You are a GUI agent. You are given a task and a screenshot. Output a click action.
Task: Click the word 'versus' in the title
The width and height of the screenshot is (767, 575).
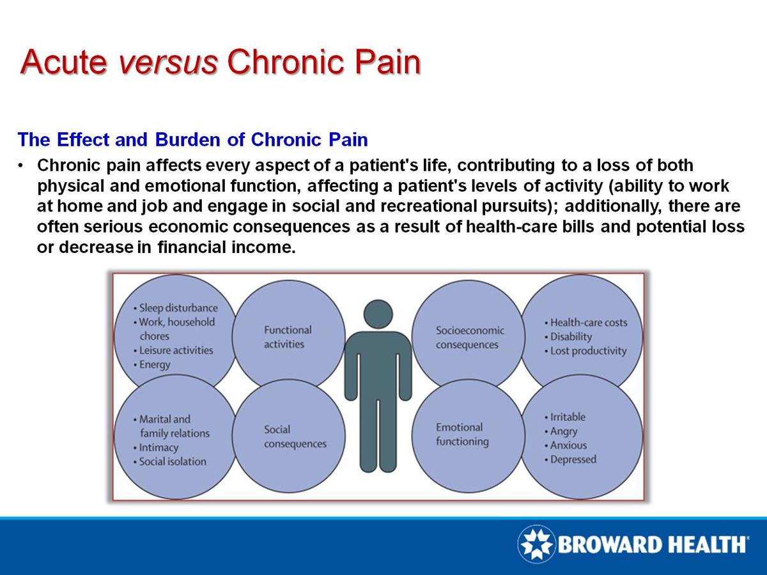point(169,62)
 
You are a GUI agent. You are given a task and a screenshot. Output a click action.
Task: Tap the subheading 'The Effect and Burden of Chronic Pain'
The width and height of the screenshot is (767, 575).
point(193,139)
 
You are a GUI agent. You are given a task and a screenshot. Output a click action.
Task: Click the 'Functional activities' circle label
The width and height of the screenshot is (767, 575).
point(288,337)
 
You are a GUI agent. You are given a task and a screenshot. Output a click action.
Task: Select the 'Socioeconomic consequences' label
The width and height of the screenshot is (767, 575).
point(469,337)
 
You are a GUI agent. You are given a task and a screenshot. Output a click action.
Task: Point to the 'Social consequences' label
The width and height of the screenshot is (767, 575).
point(295,436)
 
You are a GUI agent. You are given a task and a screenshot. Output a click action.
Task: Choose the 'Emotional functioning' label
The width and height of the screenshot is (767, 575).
point(461,434)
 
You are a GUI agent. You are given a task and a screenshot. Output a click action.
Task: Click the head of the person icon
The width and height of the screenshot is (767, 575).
point(378,314)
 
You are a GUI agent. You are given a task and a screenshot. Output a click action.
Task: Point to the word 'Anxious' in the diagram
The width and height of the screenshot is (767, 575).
point(568,445)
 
